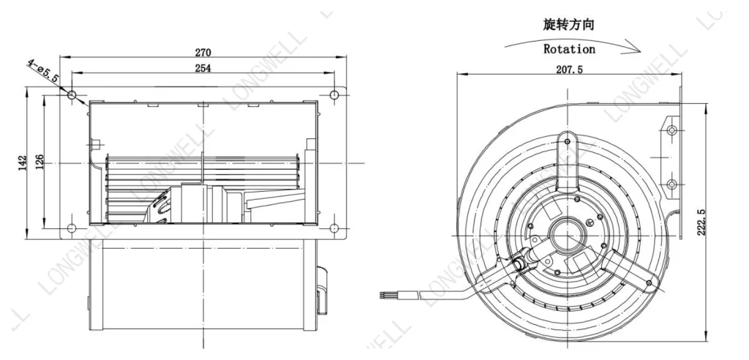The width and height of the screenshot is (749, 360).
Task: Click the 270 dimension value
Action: tap(203, 52)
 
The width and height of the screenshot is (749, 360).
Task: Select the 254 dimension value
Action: tap(203, 68)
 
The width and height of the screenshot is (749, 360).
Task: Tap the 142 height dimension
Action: tap(23, 163)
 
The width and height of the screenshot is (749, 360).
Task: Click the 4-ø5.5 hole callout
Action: tap(42, 70)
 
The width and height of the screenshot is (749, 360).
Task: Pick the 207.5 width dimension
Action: tap(569, 70)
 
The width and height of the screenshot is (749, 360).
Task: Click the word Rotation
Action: tap(569, 49)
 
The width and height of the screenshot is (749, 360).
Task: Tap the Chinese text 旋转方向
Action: tap(568, 25)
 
